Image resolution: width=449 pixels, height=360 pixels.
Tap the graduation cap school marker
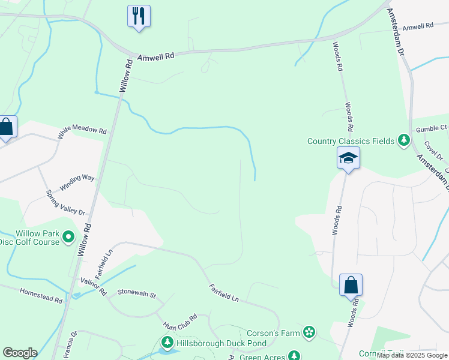tap(348, 158)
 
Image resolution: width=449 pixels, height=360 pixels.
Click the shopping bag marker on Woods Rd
tap(351, 285)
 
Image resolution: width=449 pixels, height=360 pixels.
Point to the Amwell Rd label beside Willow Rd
tap(155, 56)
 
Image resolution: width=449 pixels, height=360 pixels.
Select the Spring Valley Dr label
tap(66, 203)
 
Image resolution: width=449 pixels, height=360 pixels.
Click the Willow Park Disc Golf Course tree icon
tap(68, 237)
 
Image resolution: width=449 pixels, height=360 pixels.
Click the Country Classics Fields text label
tap(351, 142)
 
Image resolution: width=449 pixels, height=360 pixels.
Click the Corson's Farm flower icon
tap(309, 332)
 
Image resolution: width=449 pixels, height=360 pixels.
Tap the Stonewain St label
tap(136, 295)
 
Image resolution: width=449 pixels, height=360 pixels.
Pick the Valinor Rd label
tap(93, 287)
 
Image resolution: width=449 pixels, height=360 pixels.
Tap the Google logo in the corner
tap(20, 353)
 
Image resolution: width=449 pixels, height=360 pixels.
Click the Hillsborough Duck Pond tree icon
tap(167, 344)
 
